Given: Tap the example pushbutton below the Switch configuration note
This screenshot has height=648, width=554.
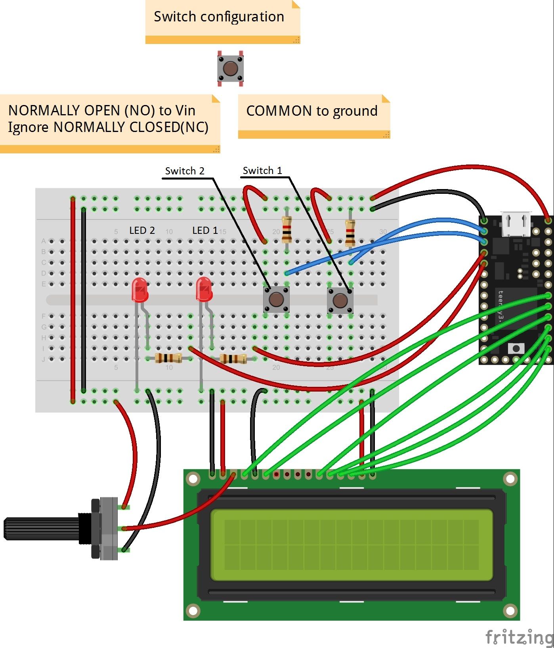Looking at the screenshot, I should coord(230,69).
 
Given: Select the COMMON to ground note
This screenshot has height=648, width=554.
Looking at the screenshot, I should coord(312,111).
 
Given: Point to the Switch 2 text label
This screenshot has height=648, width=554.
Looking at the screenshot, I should coord(185,171).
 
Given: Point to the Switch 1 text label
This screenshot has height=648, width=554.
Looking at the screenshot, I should coord(262,171).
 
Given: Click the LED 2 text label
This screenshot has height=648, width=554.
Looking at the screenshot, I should coord(142,231).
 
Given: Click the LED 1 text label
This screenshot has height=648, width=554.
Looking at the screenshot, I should coord(205,231).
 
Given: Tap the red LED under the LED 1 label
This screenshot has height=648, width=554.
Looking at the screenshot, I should coord(204,289).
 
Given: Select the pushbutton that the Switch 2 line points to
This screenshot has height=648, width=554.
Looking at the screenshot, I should coord(276,299).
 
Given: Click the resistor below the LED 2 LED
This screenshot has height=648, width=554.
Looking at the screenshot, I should coord(168,358).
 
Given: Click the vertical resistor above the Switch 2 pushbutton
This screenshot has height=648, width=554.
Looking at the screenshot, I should coord(287,230).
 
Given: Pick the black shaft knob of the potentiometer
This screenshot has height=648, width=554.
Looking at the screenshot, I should coord(40,529).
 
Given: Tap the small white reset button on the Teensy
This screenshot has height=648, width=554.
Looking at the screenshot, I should coord(516,348).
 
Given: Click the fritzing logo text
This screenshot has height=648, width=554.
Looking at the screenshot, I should coord(519,637).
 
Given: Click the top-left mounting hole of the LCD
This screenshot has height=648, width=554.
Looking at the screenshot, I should coord(193,479).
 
